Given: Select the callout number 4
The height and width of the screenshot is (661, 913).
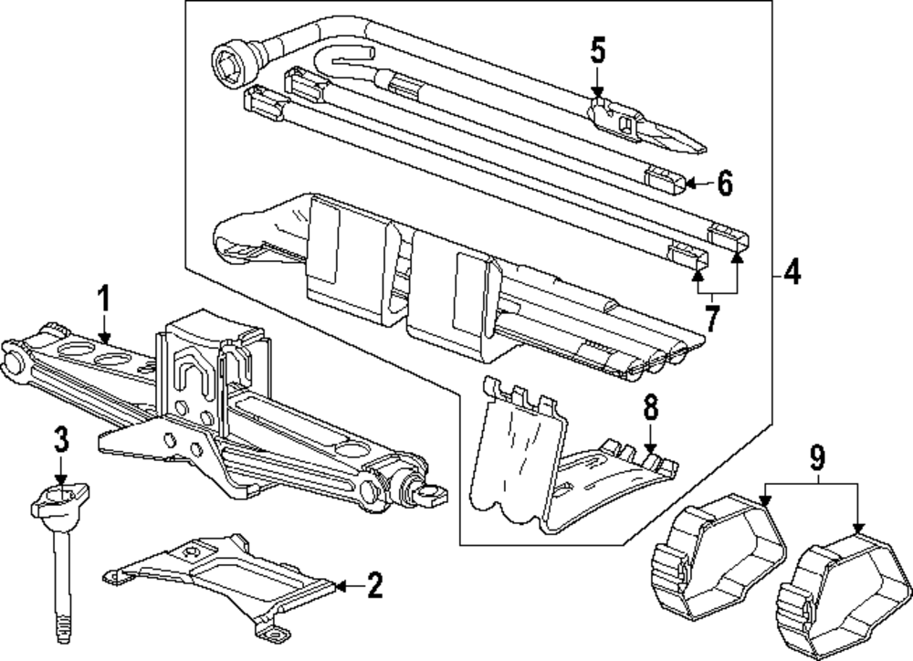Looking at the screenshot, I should tap(792, 272).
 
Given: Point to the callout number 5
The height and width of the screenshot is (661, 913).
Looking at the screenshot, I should tap(597, 50).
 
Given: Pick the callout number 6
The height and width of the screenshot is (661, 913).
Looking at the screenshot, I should tap(724, 183).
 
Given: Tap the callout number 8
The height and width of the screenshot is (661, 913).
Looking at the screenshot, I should tap(650, 408).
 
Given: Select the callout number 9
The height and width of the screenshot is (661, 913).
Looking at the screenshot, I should tap(817, 454).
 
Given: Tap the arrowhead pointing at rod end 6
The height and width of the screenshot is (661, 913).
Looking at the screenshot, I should tap(689, 183).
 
